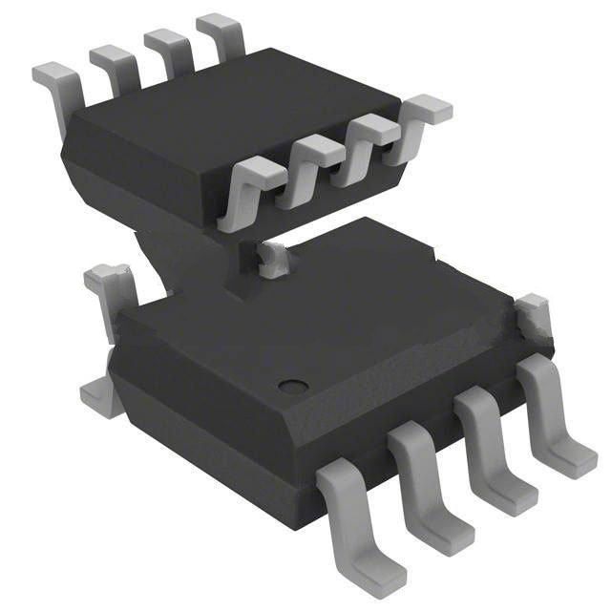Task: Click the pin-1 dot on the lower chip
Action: tap(293, 387)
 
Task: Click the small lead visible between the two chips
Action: tap(272, 258)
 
